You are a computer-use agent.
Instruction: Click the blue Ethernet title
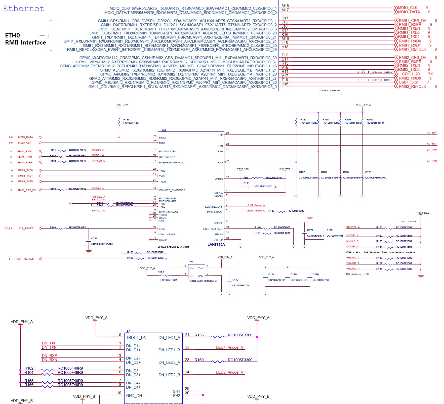click(x=23, y=9)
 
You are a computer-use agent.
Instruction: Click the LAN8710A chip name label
click(x=216, y=244)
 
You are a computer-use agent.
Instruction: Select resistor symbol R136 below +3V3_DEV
click(x=119, y=122)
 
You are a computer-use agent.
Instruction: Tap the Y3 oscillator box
click(x=196, y=271)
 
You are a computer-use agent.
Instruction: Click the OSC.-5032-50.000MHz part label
click(x=203, y=281)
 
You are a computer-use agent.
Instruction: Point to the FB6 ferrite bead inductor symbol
click(x=257, y=178)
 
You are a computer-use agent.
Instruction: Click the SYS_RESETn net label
click(x=26, y=229)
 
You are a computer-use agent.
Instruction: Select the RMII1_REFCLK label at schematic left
click(x=25, y=259)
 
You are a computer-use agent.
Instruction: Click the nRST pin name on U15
click(x=162, y=229)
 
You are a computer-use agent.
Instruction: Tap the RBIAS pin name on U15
click(x=219, y=235)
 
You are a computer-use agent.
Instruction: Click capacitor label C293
click(x=94, y=239)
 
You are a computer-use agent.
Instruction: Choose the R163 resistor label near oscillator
click(x=160, y=272)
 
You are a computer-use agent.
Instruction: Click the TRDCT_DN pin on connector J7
click(x=136, y=338)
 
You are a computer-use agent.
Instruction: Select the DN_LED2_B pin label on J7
click(x=169, y=375)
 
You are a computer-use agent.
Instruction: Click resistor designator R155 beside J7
click(x=199, y=335)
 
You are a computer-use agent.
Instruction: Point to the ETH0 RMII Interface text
click(x=25, y=39)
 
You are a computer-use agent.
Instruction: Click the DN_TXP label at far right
click(x=431, y=133)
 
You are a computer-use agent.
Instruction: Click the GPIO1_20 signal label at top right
click(x=411, y=74)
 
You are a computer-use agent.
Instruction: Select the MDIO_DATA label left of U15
click(x=25, y=137)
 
